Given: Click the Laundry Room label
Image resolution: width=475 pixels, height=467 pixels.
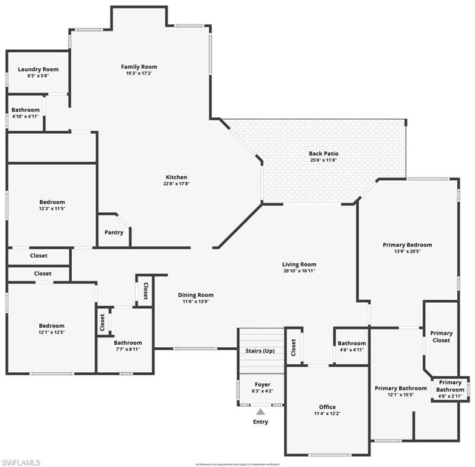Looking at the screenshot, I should (x=38, y=69).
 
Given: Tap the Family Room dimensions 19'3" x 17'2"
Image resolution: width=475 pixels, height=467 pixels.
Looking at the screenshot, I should (x=139, y=74).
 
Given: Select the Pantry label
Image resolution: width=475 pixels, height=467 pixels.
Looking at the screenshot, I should (x=114, y=232).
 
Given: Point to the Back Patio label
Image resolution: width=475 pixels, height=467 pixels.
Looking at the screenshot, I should (x=324, y=154).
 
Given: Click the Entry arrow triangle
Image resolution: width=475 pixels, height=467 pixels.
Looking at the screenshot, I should (x=260, y=412).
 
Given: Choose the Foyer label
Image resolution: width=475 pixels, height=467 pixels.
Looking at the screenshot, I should (x=263, y=384).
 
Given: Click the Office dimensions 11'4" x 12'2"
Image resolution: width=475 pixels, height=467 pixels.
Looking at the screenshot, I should (x=327, y=413).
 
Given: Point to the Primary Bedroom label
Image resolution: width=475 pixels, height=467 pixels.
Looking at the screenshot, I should (x=407, y=244).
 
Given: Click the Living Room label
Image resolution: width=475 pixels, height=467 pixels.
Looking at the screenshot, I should (x=299, y=264).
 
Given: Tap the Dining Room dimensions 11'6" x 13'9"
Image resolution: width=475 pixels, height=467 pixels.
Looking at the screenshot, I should (x=196, y=302).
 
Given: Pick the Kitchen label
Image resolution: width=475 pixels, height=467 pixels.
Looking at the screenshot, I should (x=175, y=177).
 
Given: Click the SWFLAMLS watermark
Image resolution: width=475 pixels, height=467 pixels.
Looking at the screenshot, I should (x=21, y=462).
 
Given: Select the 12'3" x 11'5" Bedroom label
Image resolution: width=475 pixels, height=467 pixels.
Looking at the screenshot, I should (x=52, y=202).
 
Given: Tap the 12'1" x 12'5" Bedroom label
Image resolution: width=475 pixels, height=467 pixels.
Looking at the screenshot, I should (x=52, y=326).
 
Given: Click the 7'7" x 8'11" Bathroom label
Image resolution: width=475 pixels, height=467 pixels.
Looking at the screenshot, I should (x=128, y=343).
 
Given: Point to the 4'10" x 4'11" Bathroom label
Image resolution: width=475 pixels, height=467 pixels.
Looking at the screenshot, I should (x=26, y=110).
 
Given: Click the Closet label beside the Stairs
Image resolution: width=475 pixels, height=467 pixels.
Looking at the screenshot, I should (x=294, y=347).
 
